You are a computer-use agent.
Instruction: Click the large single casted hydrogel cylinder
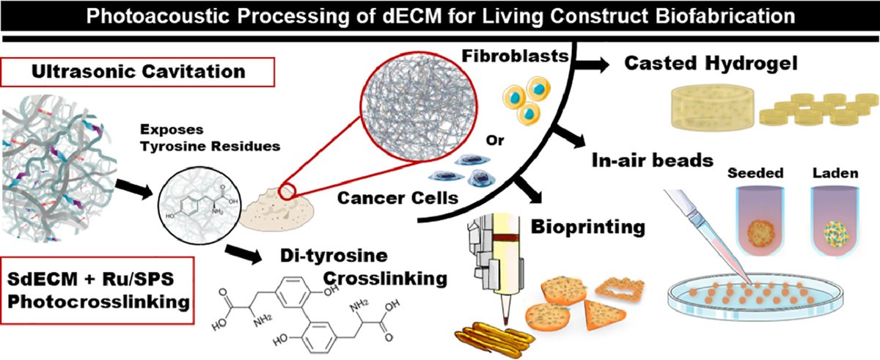click(x=706, y=109)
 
